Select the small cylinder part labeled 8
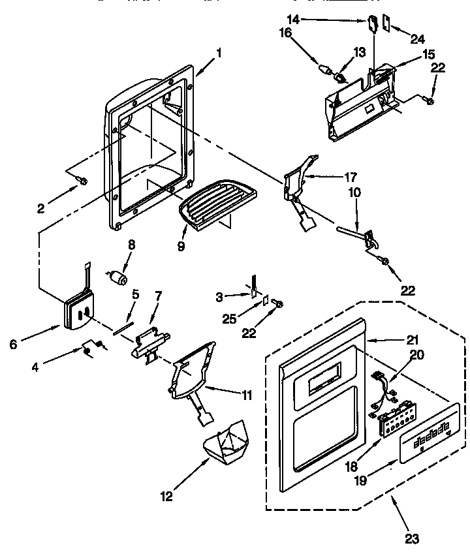(x=119, y=278)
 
